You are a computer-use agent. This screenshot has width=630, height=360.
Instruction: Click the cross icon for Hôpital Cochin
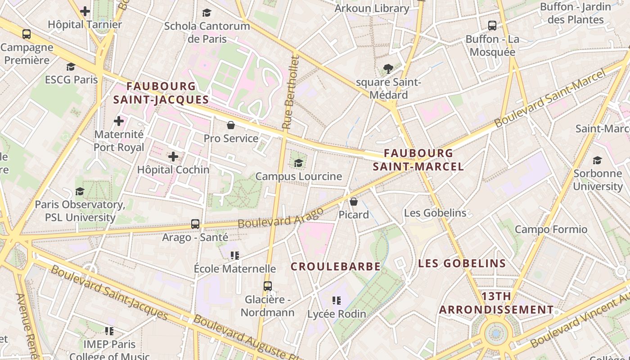click(173, 157)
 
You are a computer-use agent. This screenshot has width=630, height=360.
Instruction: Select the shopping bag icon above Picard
click(354, 201)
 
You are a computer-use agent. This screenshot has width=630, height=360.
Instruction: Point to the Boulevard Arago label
click(280, 217)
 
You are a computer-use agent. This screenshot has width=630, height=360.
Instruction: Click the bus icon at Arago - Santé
click(195, 224)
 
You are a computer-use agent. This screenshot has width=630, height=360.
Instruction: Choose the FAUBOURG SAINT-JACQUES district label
click(161, 93)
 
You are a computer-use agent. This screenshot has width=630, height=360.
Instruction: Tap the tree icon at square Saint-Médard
click(388, 69)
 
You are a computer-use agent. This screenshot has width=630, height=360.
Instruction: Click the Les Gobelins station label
click(435, 213)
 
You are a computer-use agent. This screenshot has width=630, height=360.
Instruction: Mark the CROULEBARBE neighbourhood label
click(336, 266)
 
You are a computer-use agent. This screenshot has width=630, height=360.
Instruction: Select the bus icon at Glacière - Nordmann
click(268, 286)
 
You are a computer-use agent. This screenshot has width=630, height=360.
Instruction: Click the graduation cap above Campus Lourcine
click(298, 163)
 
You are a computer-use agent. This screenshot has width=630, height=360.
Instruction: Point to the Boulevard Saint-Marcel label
click(550, 99)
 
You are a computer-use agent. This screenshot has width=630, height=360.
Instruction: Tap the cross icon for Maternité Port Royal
click(119, 121)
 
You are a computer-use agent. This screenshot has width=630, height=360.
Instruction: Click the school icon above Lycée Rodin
click(337, 300)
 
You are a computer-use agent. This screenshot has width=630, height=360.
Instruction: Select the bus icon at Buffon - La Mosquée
click(492, 26)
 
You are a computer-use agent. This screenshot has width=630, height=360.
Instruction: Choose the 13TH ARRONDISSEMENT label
click(496, 303)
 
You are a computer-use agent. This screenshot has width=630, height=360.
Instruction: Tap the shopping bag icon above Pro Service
click(231, 125)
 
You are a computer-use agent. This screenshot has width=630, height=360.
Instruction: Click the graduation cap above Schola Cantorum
click(207, 13)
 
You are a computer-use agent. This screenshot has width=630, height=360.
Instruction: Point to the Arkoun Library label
click(372, 9)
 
